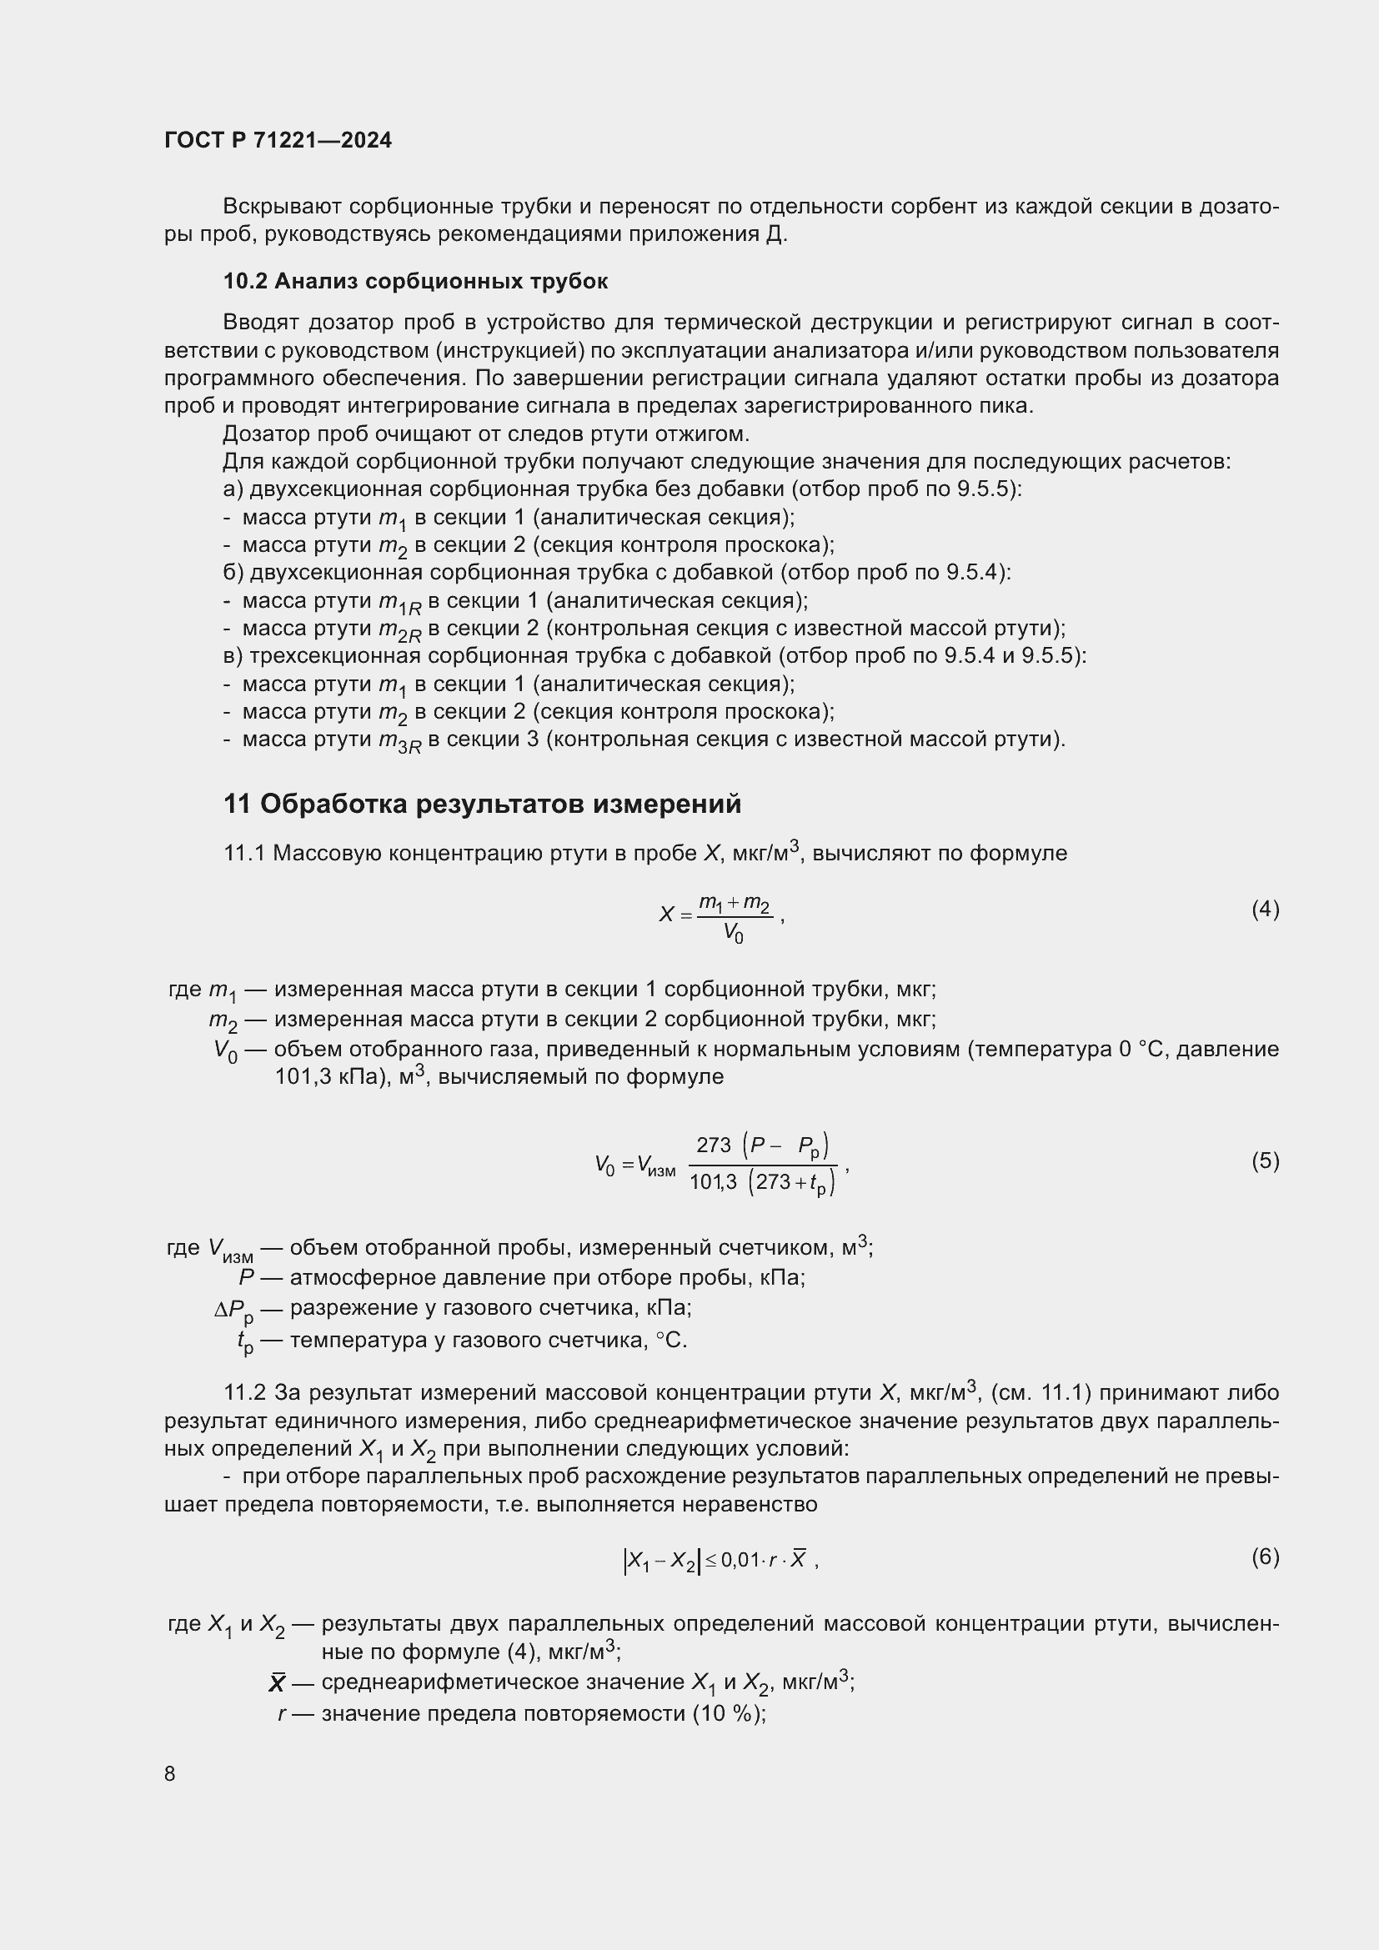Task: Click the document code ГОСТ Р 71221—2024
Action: [x=278, y=140]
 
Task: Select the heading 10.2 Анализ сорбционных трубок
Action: [x=415, y=281]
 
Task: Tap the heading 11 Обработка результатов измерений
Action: [x=482, y=804]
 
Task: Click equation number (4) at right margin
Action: [x=1265, y=910]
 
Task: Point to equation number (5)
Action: [x=1265, y=1160]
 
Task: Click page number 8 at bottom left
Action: [x=170, y=1773]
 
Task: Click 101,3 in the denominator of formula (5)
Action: [x=712, y=1181]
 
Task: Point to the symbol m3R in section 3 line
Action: [x=399, y=742]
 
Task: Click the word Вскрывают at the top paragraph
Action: [x=282, y=207]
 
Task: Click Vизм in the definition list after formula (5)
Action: [x=230, y=1250]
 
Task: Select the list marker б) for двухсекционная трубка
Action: [x=233, y=573]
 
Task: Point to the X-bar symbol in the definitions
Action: [x=277, y=1682]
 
